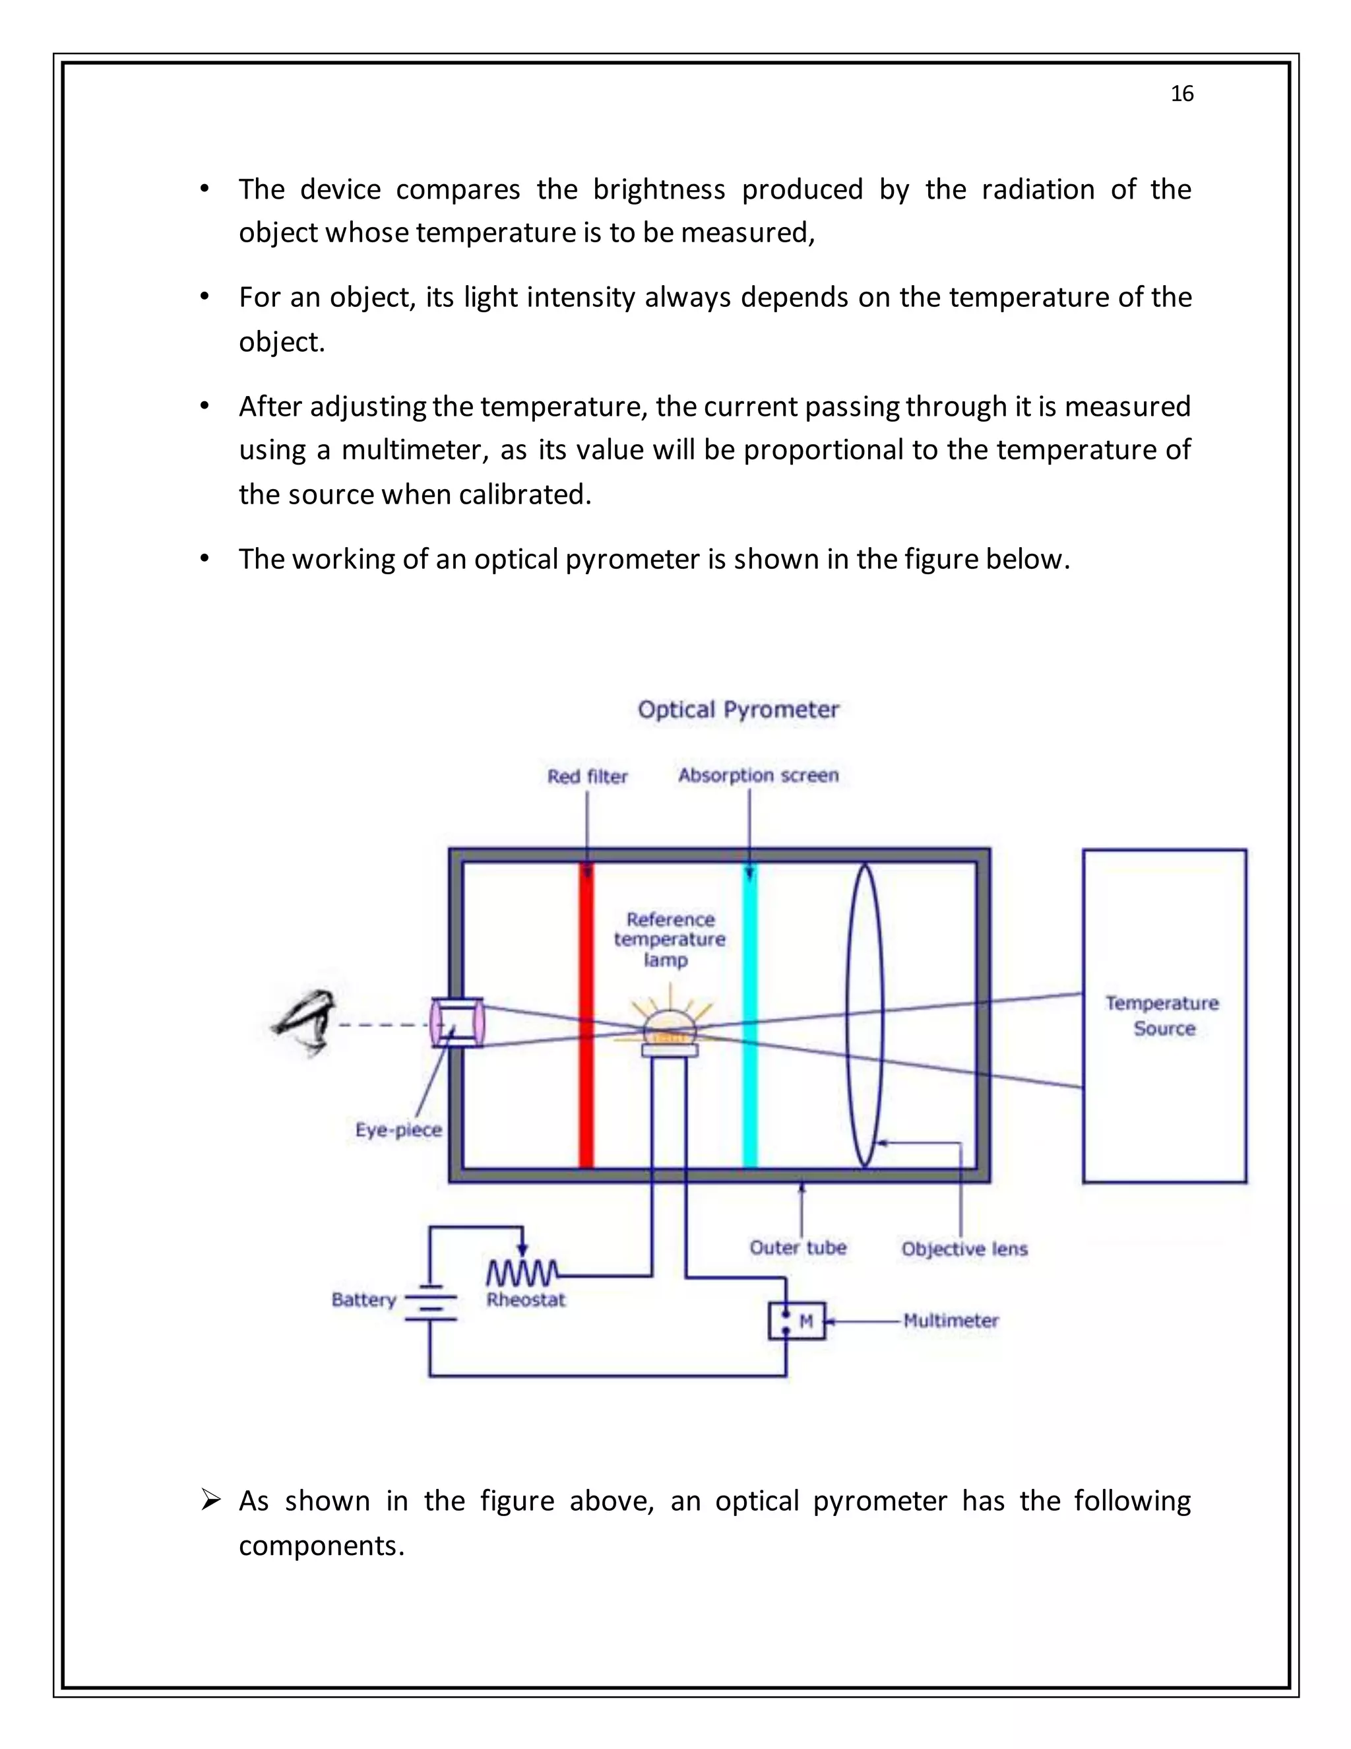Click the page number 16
pos(1181,94)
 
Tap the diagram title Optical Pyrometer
pos(738,709)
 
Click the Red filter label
pos(588,776)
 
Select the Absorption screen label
pos(758,775)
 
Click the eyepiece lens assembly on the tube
pos(457,1022)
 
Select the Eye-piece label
pos(398,1130)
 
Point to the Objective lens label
pos(964,1249)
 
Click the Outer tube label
pos(798,1247)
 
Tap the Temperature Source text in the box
pos(1163,1016)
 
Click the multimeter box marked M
pos(796,1321)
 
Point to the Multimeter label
pos(951,1321)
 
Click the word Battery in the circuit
pos(364,1300)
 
